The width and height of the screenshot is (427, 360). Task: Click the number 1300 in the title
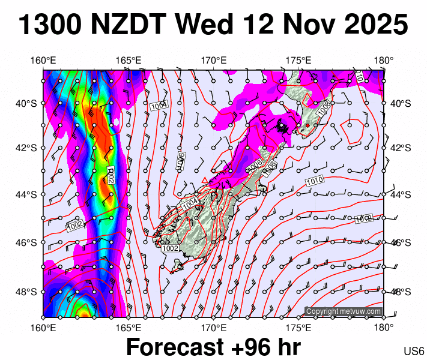coord(50,25)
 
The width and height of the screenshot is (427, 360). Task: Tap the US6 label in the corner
coord(414,350)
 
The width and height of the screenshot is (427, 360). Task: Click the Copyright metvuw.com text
coord(343,311)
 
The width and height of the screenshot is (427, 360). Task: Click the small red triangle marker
coord(205,179)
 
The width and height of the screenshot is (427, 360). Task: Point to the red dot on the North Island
coord(307,125)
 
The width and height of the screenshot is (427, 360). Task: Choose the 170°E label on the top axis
coord(213,61)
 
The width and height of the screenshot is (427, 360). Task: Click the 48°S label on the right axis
coord(400,292)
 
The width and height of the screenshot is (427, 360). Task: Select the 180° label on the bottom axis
coord(384,328)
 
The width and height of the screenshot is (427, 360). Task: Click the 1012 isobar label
coord(363,219)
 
